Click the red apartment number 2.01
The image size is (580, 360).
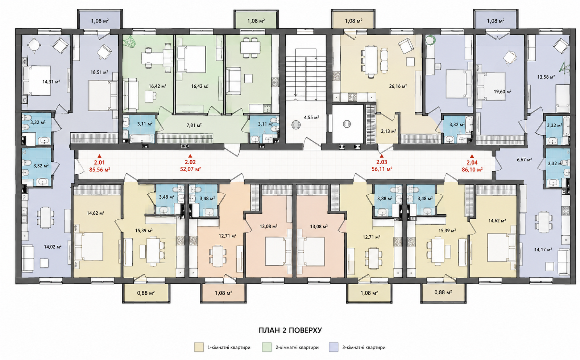[x=99, y=162]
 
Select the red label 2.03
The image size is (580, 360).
[x=381, y=162]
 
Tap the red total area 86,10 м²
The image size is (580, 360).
[x=472, y=170]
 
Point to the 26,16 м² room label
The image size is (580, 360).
[x=398, y=86]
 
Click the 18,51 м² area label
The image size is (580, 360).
[x=99, y=72]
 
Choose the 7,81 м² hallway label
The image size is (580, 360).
[x=194, y=125]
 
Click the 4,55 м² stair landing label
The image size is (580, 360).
[x=311, y=117]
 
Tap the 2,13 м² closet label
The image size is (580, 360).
[x=389, y=131]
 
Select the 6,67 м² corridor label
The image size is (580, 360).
[x=524, y=160]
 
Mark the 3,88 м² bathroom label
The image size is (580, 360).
[x=385, y=199]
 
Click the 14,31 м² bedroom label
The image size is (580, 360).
[x=51, y=82]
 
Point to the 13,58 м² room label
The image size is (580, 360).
[x=546, y=77]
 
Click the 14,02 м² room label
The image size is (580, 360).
[x=53, y=247]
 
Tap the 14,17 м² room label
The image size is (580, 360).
[x=543, y=250]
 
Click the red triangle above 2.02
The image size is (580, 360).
[x=190, y=156]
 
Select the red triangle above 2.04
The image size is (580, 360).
[x=472, y=156]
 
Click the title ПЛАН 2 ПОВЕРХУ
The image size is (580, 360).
[x=290, y=331]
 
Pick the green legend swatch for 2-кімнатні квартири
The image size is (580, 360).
[x=267, y=347]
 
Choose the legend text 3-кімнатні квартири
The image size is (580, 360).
[x=364, y=348]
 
